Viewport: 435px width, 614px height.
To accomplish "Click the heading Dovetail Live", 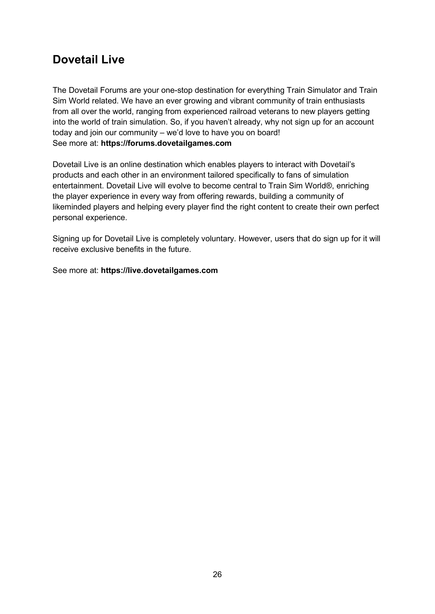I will tap(88, 59).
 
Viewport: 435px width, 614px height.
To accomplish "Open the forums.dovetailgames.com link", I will tap(166, 143).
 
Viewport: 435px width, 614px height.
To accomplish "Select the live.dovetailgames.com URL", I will tap(159, 270).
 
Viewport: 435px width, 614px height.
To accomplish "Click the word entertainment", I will tap(78, 186).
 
